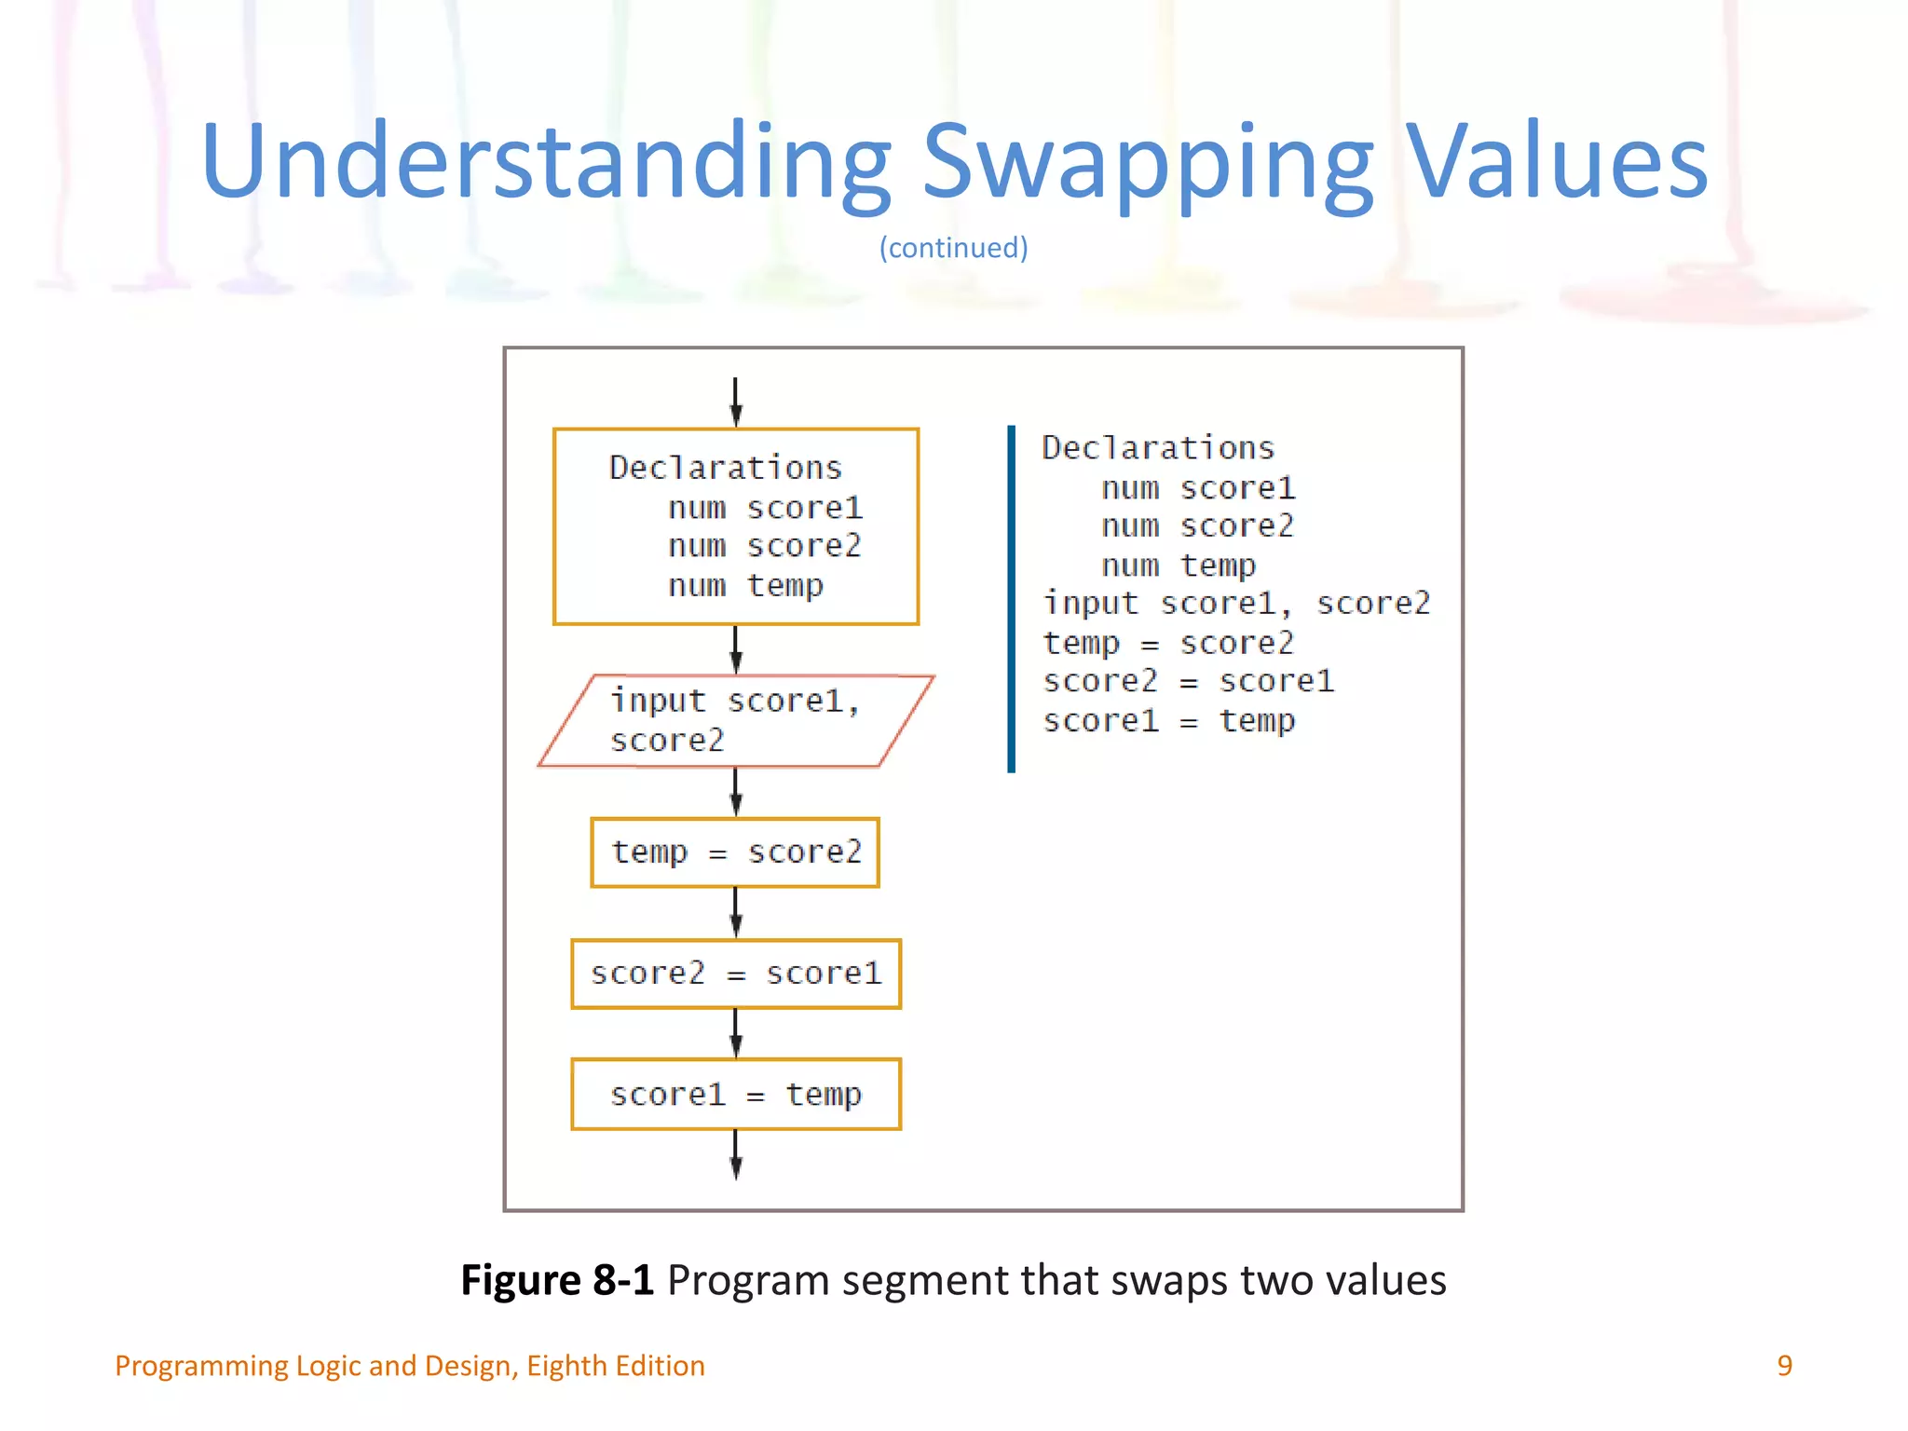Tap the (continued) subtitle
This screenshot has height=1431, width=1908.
point(953,248)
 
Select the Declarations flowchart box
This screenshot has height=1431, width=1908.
point(735,526)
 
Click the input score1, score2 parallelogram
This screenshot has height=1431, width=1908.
point(735,721)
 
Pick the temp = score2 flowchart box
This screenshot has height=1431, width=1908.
point(735,852)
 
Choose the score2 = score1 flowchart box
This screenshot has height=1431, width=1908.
point(735,974)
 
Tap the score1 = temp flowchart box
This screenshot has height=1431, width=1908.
point(735,1095)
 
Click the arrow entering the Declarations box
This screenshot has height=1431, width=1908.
point(735,402)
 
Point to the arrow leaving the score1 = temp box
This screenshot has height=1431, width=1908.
point(735,1155)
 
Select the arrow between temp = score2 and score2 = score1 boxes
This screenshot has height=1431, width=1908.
point(735,913)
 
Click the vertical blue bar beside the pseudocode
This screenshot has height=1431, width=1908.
point(1011,598)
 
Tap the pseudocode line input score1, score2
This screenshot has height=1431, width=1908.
point(1235,604)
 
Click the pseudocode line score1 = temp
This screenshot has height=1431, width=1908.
point(1168,721)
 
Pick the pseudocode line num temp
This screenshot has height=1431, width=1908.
point(1178,566)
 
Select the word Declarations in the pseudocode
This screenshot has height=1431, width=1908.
point(1157,448)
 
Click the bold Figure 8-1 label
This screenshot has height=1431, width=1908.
point(557,1280)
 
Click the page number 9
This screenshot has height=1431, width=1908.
point(1784,1366)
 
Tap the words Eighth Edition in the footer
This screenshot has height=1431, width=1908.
point(615,1366)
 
